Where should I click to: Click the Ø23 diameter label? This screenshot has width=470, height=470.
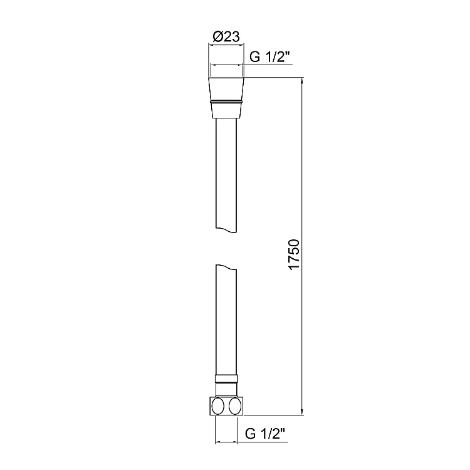click(x=226, y=37)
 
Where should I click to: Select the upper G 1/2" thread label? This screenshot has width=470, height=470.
click(x=270, y=56)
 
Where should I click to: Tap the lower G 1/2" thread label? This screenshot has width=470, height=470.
click(x=265, y=433)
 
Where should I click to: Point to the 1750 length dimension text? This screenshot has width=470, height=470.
click(x=294, y=254)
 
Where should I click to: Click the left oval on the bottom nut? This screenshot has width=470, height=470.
click(x=218, y=407)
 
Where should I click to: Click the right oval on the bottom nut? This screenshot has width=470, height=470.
click(x=235, y=407)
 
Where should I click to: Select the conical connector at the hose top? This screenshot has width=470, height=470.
click(x=226, y=98)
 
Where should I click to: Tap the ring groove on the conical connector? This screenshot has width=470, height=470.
click(x=226, y=102)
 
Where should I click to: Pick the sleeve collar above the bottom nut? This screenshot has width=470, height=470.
click(x=226, y=379)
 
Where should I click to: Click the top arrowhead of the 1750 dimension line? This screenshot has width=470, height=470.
click(x=302, y=81)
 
